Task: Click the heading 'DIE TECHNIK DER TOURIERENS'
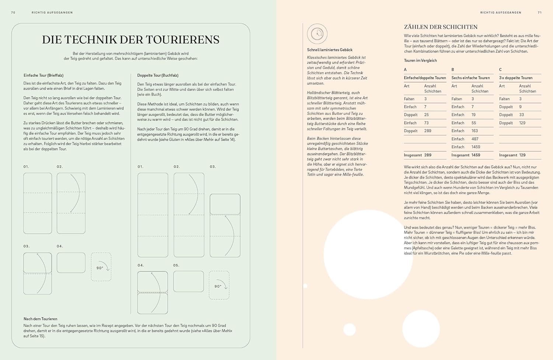point(131,40)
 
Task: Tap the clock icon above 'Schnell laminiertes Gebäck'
point(317,34)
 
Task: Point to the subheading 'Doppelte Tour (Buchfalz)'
point(158,75)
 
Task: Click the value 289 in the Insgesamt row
point(428,155)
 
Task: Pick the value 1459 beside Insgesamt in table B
point(476,155)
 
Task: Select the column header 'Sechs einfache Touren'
point(470,78)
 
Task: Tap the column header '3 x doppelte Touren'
point(516,78)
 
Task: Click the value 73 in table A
point(426,123)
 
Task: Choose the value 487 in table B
point(475,139)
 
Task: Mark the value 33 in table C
point(522,115)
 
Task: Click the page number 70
point(13,13)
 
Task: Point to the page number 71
point(540,13)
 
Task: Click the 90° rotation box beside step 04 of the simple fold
point(101,267)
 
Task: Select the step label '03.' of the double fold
point(213,167)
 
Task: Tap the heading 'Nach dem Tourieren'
point(41,319)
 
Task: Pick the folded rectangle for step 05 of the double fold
point(188,281)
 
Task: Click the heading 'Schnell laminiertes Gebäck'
point(330,50)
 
